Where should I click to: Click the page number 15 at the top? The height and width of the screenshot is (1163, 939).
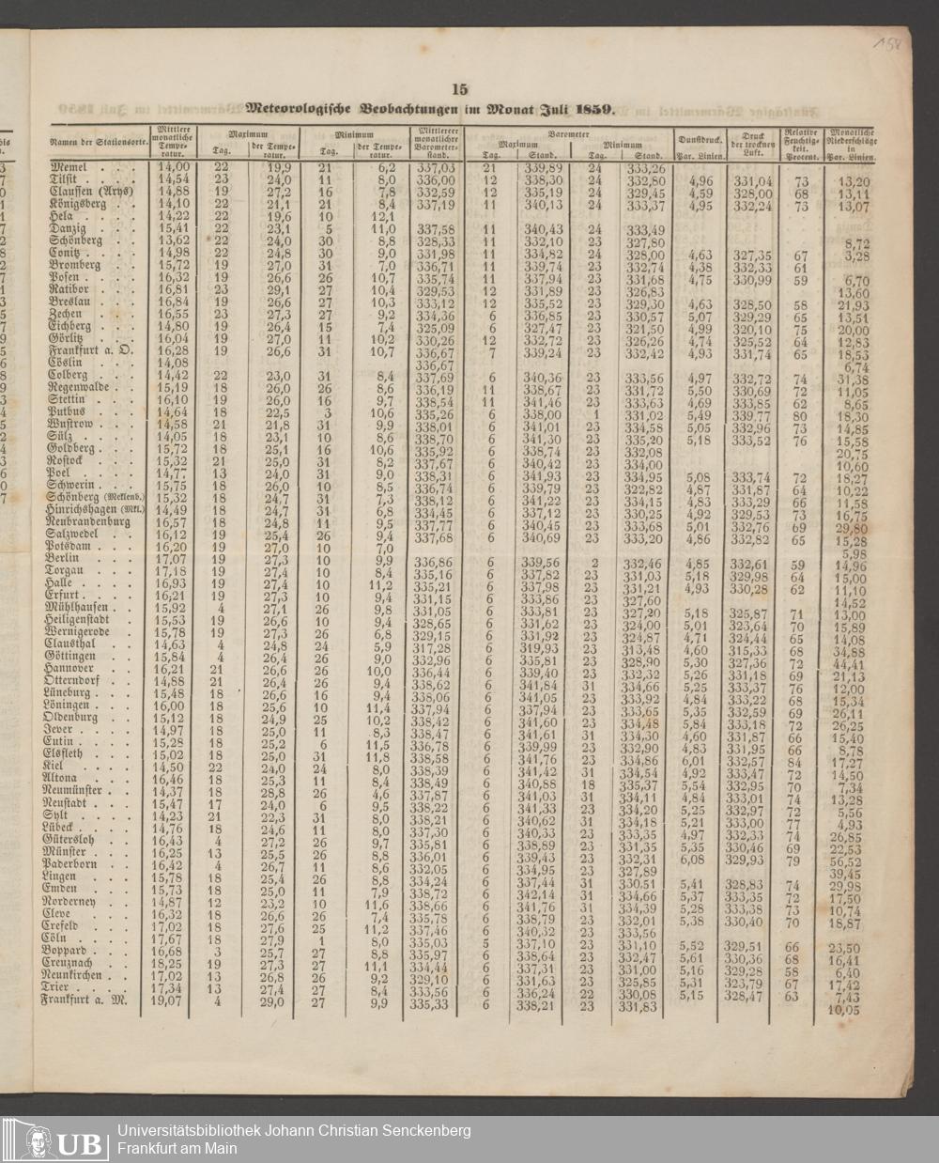pyautogui.click(x=460, y=90)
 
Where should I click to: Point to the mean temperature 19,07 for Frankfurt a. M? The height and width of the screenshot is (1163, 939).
pyautogui.click(x=167, y=1000)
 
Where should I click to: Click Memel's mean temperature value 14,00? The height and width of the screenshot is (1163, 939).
pyautogui.click(x=171, y=166)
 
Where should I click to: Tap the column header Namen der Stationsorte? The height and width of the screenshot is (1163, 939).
pyautogui.click(x=95, y=140)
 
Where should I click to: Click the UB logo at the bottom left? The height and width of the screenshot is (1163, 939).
pyautogui.click(x=54, y=1140)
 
